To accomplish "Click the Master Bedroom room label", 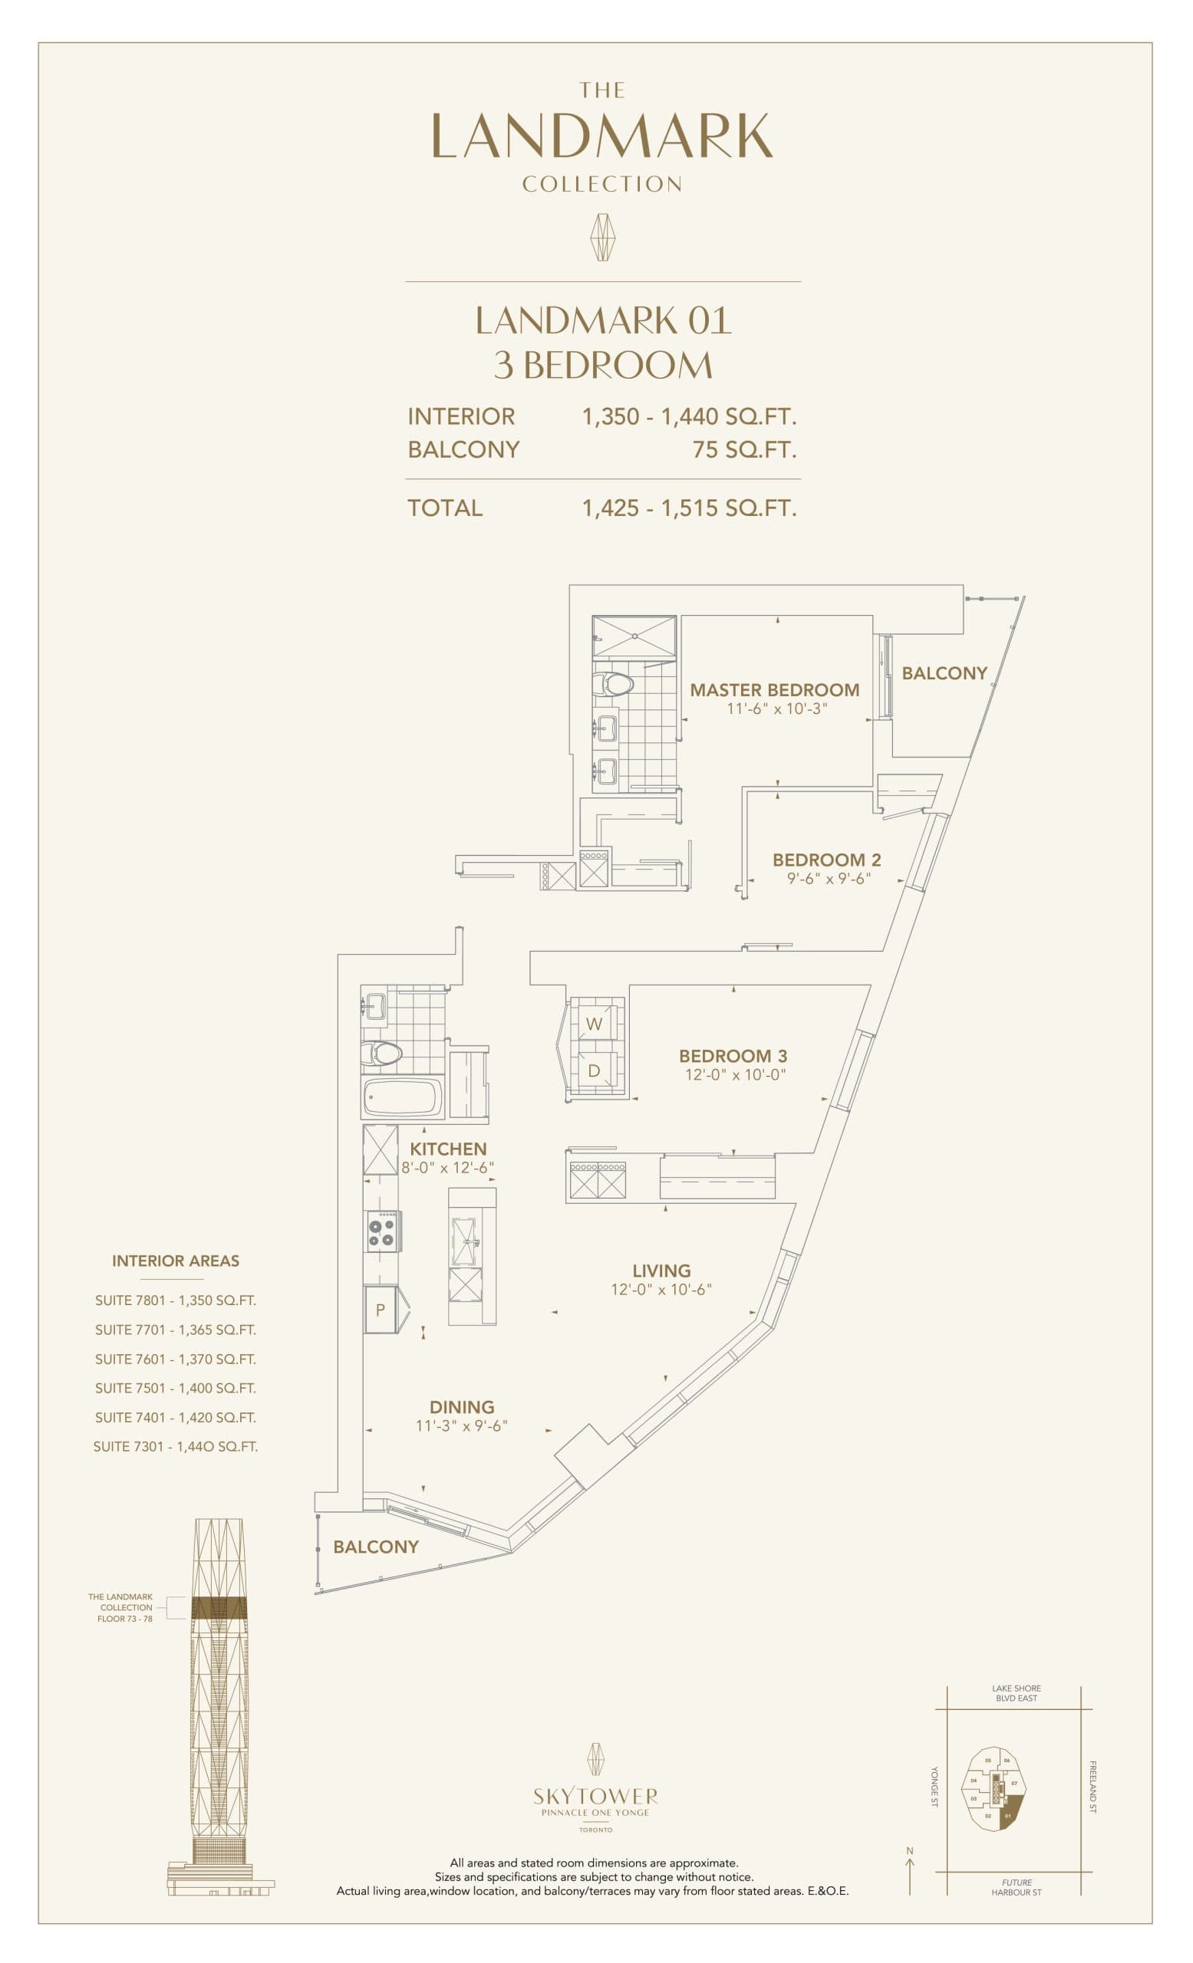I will (x=774, y=690).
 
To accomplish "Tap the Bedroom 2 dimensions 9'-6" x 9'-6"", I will (x=826, y=879).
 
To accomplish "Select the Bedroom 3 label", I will (x=733, y=1056).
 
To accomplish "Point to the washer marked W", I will (x=594, y=1024).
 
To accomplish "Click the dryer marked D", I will (x=594, y=1071).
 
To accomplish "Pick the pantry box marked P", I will (x=380, y=1309).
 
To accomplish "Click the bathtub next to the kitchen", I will (x=403, y=1097).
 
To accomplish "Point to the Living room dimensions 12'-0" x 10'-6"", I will (x=661, y=1289).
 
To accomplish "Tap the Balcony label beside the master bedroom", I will (x=944, y=673).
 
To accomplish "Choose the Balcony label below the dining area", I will (x=375, y=1547).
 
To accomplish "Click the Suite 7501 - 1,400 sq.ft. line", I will (x=176, y=1388).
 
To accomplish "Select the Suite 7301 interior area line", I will (x=176, y=1446).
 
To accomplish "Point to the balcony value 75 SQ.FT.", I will (x=743, y=450).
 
